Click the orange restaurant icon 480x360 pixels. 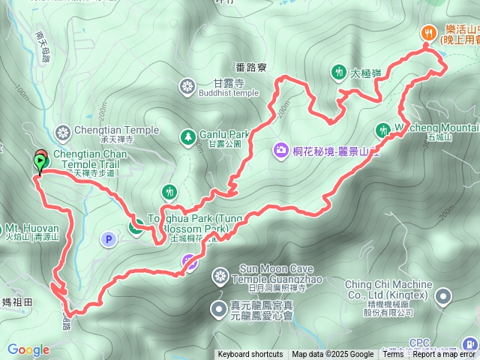[x=428, y=32]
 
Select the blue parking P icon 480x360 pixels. [x=108, y=239]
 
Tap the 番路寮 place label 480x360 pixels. [x=251, y=67]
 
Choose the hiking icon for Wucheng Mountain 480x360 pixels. [x=382, y=129]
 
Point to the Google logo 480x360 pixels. [x=28, y=349]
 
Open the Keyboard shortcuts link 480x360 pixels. [x=250, y=355]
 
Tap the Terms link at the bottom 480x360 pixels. [x=393, y=355]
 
